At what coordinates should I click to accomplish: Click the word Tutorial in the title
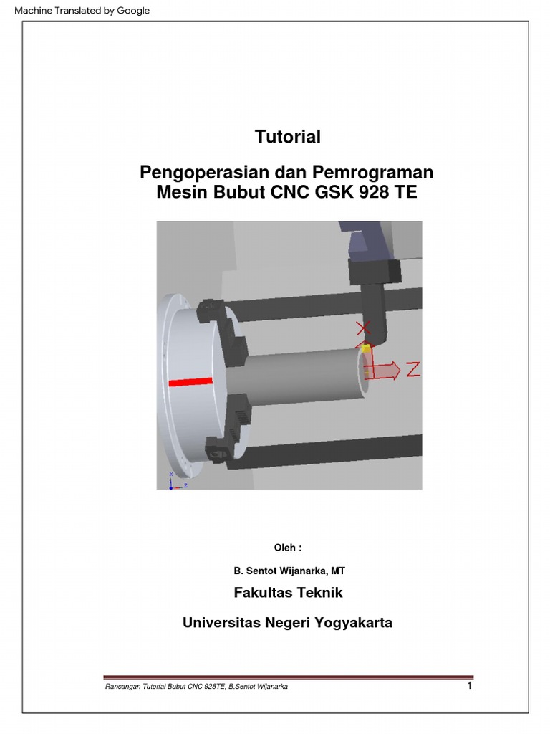[x=288, y=137]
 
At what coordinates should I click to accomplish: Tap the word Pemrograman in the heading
[x=372, y=172]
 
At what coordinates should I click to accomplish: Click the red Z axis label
[x=412, y=369]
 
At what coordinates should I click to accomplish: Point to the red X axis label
[x=363, y=328]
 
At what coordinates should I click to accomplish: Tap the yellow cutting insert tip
[x=366, y=348]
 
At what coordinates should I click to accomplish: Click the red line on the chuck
[x=190, y=383]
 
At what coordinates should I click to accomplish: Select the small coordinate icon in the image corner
[x=178, y=481]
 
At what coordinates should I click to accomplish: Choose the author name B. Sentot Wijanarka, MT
[x=289, y=571]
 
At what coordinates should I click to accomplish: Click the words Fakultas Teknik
[x=288, y=593]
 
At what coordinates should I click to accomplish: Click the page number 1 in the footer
[x=470, y=686]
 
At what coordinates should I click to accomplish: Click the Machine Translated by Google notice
[x=82, y=11]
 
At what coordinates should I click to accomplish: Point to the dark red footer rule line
[x=288, y=677]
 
